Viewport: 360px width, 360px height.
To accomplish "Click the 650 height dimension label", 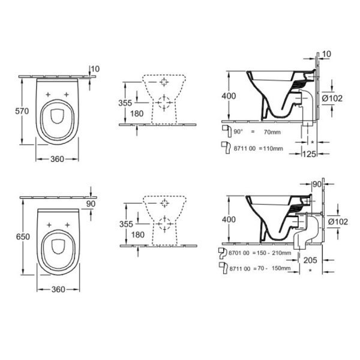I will [x=12, y=236].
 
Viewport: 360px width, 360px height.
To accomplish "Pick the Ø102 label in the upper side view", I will [x=331, y=98].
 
